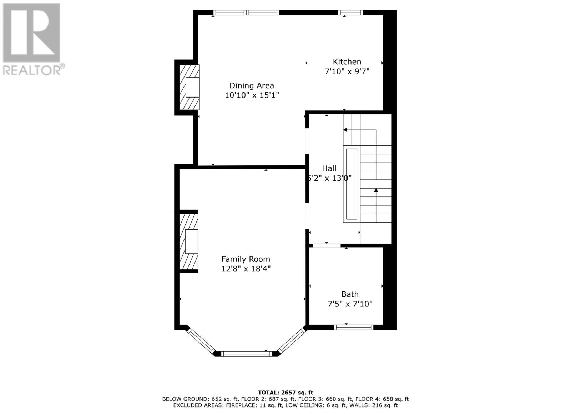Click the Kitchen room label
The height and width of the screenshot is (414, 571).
click(x=347, y=61)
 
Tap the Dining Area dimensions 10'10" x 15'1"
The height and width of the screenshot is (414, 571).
click(x=252, y=95)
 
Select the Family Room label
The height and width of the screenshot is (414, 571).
click(x=246, y=259)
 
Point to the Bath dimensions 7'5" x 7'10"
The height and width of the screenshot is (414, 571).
click(x=350, y=304)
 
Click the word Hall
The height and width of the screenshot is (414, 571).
click(x=329, y=168)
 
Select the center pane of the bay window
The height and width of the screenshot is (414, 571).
click(x=246, y=354)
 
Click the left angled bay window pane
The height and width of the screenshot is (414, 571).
click(x=201, y=341)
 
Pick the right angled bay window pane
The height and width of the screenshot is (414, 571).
click(x=292, y=341)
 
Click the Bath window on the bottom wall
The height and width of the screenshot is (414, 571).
click(x=353, y=327)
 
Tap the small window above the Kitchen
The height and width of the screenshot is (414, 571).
click(x=350, y=13)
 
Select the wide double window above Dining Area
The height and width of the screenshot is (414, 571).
click(x=246, y=13)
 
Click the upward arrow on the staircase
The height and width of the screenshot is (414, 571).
click(x=376, y=191)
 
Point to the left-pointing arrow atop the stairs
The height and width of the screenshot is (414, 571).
click(x=345, y=130)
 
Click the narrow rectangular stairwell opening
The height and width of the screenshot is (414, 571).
click(x=352, y=184)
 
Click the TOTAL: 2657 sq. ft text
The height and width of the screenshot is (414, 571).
click(x=285, y=393)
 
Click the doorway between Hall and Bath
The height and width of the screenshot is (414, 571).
click(x=327, y=245)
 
